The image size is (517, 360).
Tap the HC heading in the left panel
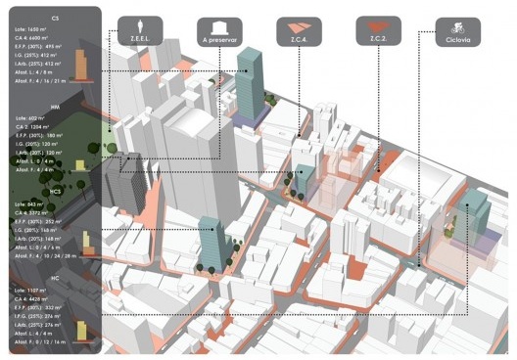pyautogui.click(x=55, y=277)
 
